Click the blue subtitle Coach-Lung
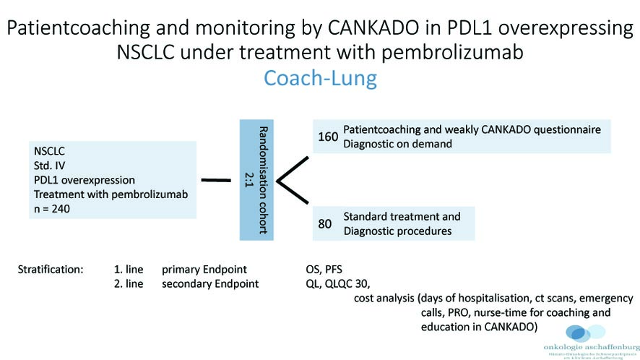[x=320, y=78]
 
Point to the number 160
[x=328, y=137]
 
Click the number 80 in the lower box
[x=325, y=224]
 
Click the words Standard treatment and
[x=402, y=216]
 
